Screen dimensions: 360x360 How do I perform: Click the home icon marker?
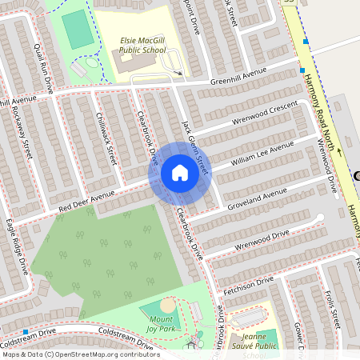[180, 172]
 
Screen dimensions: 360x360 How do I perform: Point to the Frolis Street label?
[334, 309]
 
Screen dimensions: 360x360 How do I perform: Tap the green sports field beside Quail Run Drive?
[78, 29]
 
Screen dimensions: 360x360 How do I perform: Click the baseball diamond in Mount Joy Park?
[166, 306]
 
